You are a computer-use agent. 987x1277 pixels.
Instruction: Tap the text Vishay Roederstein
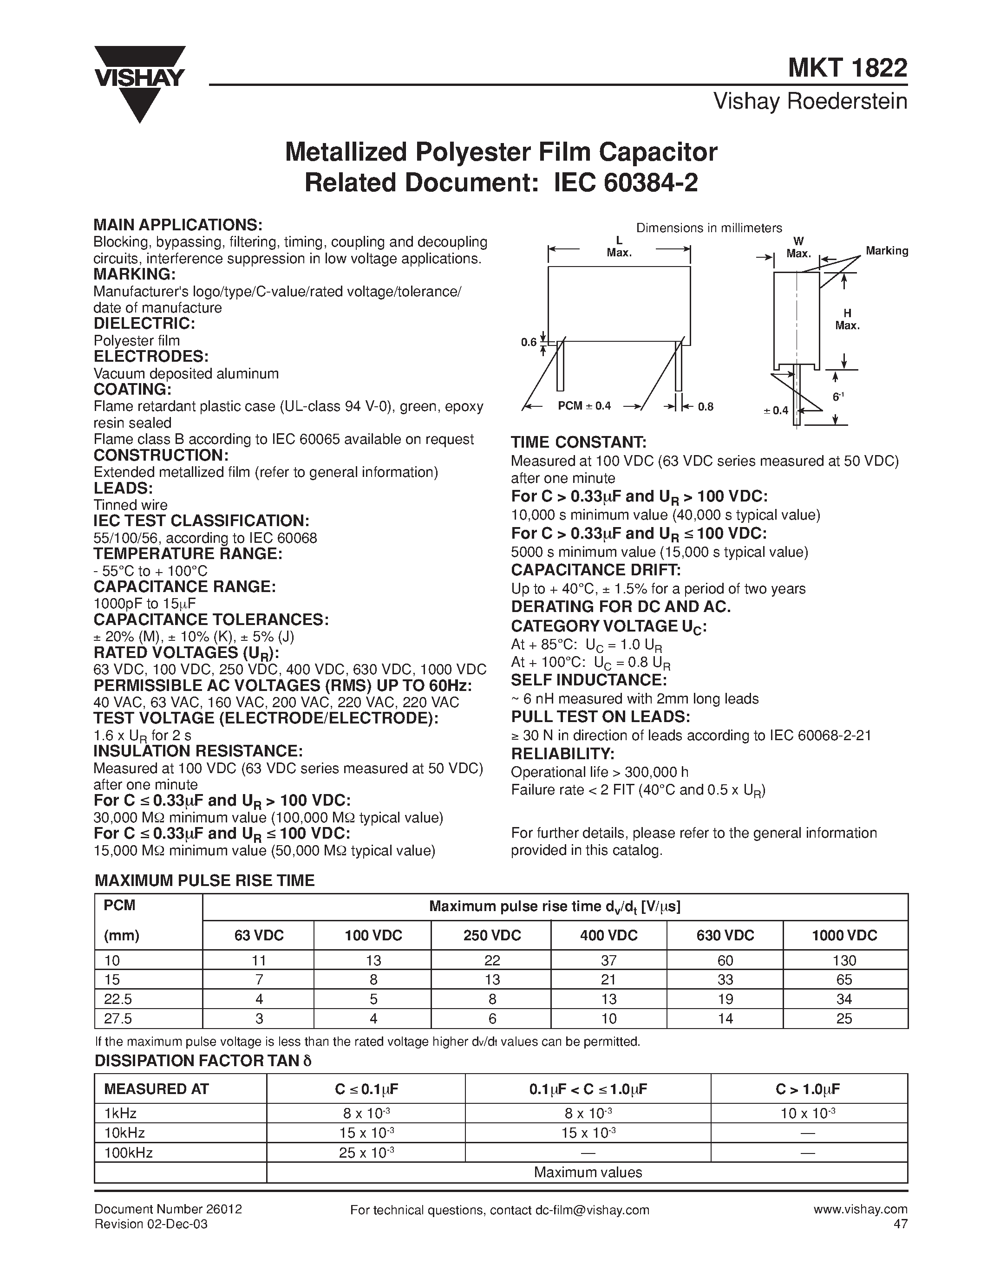810,102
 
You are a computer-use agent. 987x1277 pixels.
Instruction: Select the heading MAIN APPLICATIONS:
178,225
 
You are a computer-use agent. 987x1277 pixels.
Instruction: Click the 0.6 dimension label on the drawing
529,342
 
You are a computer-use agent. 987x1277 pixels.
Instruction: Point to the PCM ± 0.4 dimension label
584,406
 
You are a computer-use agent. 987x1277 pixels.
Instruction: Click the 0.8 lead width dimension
706,406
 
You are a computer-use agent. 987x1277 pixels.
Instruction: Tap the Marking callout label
886,251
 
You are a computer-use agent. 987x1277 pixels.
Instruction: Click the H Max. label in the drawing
847,319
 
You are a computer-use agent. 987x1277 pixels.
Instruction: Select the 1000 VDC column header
844,936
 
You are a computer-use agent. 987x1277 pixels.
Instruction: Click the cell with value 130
844,961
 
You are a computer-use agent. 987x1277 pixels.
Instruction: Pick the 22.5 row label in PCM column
118,999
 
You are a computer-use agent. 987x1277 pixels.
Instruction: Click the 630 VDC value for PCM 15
725,979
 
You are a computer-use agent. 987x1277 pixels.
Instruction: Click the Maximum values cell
587,1173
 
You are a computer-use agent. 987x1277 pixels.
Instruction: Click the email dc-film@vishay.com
592,1210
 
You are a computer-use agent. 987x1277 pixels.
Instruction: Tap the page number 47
901,1224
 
